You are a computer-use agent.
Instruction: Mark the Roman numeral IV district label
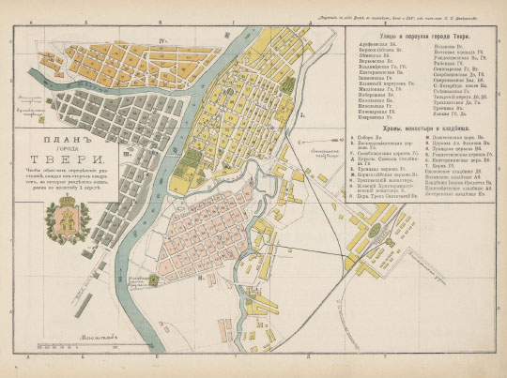tap(163, 40)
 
